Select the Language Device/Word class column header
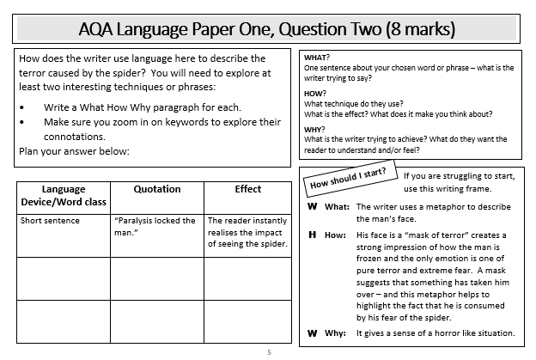coord(63,195)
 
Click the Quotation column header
coord(157,189)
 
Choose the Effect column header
coord(247,189)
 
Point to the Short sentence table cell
coord(50,221)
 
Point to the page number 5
coord(268,352)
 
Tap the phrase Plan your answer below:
coord(73,150)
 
